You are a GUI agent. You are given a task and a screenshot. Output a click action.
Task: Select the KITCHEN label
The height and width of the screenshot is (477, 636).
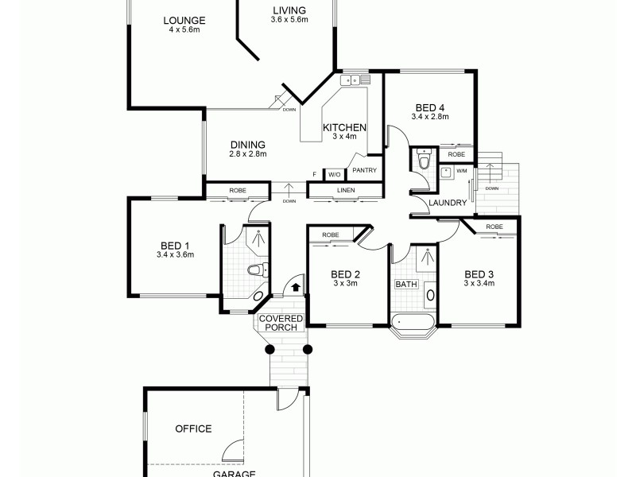[343, 127]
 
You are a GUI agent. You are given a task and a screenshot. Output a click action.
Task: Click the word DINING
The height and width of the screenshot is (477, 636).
[247, 145]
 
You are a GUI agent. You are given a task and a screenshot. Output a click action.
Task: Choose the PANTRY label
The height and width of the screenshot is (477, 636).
[364, 170]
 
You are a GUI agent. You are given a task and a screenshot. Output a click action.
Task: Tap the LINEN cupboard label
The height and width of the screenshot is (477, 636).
[345, 190]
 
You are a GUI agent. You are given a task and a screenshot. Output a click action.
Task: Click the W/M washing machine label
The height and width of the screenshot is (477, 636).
[461, 171]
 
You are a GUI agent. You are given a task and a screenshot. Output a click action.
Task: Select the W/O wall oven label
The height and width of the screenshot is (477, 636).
[334, 174]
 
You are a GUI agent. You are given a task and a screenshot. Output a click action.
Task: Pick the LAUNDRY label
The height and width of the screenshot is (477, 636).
[447, 203]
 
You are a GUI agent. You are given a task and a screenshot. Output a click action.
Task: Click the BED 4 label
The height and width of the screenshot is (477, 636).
[430, 107]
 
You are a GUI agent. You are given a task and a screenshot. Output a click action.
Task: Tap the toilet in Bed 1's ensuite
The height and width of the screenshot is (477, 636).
[254, 270]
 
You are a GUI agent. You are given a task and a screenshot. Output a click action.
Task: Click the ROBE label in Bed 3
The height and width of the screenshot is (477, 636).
[494, 227]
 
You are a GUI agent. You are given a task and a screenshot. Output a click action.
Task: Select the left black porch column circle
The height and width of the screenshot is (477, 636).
[270, 348]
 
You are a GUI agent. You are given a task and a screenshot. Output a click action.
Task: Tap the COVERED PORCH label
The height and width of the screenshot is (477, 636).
[281, 323]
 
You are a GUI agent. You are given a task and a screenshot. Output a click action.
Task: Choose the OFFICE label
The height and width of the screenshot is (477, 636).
[193, 429]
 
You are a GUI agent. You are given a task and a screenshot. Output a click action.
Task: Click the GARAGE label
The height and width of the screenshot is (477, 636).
[234, 473]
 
